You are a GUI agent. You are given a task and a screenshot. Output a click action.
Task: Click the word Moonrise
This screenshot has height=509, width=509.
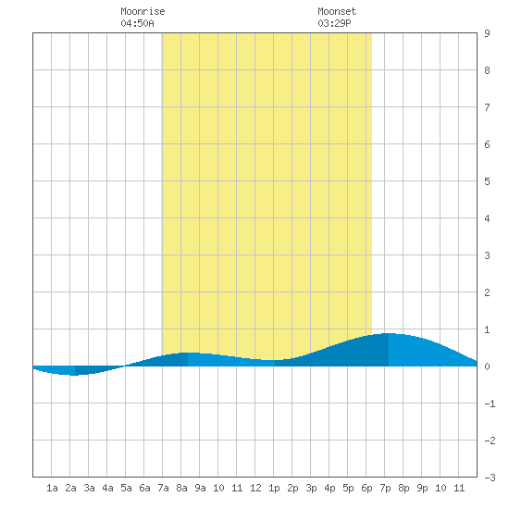(143, 11)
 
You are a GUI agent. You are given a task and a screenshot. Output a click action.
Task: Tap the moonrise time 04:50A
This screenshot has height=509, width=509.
(137, 23)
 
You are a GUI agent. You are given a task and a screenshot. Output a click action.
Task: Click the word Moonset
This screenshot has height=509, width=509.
(337, 11)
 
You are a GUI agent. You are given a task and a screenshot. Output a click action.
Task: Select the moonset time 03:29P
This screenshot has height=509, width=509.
(334, 23)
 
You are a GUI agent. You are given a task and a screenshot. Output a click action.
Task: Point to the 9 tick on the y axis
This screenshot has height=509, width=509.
(487, 33)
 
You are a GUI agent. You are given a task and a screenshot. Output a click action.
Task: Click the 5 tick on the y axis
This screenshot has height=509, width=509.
(487, 181)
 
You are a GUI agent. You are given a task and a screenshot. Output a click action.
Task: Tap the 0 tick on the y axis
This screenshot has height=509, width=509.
(487, 366)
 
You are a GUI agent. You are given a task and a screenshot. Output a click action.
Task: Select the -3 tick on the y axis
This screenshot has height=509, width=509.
(490, 478)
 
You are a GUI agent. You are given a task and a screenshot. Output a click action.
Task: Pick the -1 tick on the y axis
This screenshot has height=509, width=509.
(490, 403)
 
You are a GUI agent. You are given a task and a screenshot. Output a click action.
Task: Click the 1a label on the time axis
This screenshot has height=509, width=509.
(52, 488)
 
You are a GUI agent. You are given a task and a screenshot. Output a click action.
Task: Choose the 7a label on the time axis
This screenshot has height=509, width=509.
(163, 488)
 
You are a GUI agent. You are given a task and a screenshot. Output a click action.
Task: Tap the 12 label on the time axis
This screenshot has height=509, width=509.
(255, 488)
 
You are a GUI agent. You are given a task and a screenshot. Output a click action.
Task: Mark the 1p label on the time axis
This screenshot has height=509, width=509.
(274, 488)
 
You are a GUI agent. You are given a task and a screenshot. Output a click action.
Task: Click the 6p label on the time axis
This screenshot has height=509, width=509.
(366, 488)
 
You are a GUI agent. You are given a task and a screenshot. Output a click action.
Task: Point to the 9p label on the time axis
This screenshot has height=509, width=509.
(422, 488)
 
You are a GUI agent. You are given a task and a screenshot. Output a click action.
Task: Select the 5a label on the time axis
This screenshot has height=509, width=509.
(126, 488)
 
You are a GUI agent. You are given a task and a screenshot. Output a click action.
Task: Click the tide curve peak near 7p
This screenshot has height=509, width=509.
(389, 333)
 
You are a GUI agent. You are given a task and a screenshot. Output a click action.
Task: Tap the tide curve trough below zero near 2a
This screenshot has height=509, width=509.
(74, 375)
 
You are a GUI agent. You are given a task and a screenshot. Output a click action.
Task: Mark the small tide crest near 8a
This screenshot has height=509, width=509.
(188, 353)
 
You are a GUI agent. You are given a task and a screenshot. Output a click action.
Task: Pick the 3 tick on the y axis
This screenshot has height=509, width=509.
(487, 255)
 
